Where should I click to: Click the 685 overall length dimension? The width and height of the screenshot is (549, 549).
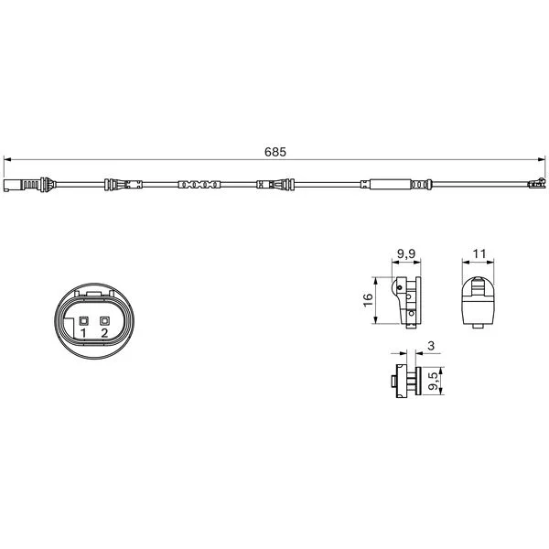(x=275, y=152)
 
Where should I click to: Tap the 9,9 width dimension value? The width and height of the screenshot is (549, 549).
(x=406, y=253)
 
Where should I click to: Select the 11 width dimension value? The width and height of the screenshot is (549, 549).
(x=479, y=253)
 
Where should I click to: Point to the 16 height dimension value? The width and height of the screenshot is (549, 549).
(x=368, y=300)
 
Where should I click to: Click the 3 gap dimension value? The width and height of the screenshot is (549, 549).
(x=431, y=346)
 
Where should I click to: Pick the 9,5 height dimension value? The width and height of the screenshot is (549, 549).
(x=433, y=381)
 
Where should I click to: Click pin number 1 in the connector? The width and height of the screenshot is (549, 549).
(x=83, y=333)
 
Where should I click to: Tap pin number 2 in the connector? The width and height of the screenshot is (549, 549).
(x=104, y=333)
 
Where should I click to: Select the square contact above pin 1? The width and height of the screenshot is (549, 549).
(x=83, y=321)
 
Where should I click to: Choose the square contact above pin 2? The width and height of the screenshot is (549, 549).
(x=104, y=321)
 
